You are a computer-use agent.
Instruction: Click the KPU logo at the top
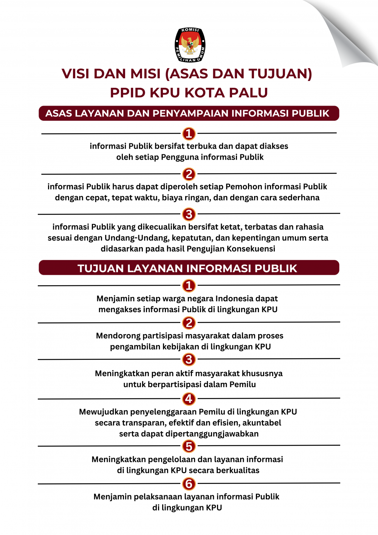pyautogui.click(x=190, y=45)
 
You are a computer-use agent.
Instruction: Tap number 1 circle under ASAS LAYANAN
pyautogui.click(x=189, y=134)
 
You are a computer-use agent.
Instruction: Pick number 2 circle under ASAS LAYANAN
pyautogui.click(x=189, y=174)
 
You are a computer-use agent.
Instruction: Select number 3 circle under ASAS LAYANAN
pyautogui.click(x=189, y=214)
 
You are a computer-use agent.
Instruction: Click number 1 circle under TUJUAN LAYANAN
pyautogui.click(x=189, y=286)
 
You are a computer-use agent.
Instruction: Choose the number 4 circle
pyautogui.click(x=189, y=399)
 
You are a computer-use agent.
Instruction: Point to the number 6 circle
pyautogui.click(x=189, y=484)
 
